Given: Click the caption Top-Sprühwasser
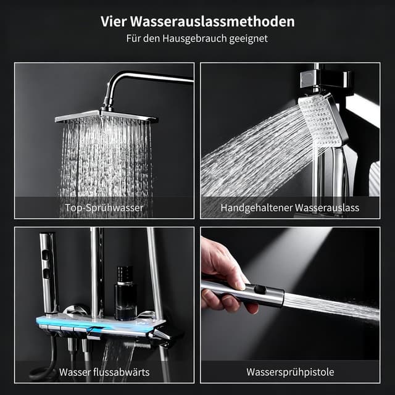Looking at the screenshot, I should [x=104, y=208].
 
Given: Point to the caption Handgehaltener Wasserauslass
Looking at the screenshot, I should [x=290, y=208].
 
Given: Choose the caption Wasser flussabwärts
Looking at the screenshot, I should [x=104, y=372].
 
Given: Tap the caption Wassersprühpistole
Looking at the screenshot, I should [x=290, y=372].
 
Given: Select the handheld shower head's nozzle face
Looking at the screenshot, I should [x=320, y=120].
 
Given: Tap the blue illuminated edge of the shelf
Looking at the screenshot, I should [x=93, y=324].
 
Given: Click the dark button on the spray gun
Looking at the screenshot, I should [x=260, y=289].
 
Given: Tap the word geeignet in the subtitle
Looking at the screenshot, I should [x=251, y=38].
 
